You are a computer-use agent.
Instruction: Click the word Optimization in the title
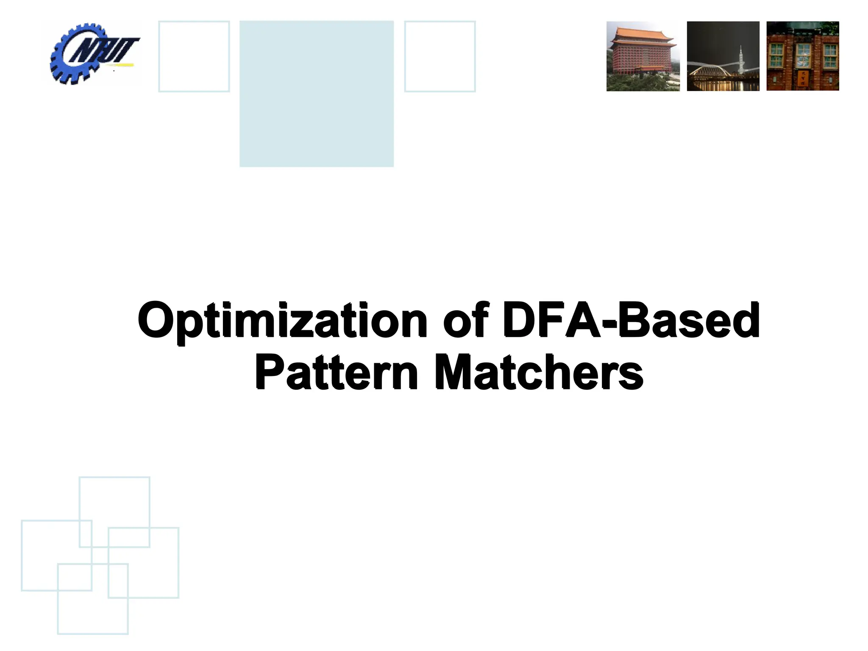pyautogui.click(x=282, y=320)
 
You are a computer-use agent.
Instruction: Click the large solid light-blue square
pyautogui.click(x=316, y=94)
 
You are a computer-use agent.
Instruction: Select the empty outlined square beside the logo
pyautogui.click(x=194, y=56)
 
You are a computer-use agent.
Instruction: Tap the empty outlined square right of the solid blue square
pyautogui.click(x=440, y=56)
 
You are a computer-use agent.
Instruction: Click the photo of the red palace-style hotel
pyautogui.click(x=643, y=56)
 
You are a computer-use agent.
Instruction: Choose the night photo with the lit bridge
pyautogui.click(x=723, y=56)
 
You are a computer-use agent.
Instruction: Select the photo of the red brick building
pyautogui.click(x=803, y=56)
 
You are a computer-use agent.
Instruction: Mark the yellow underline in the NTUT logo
pyautogui.click(x=121, y=65)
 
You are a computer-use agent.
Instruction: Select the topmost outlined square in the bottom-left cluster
pyautogui.click(x=114, y=512)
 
